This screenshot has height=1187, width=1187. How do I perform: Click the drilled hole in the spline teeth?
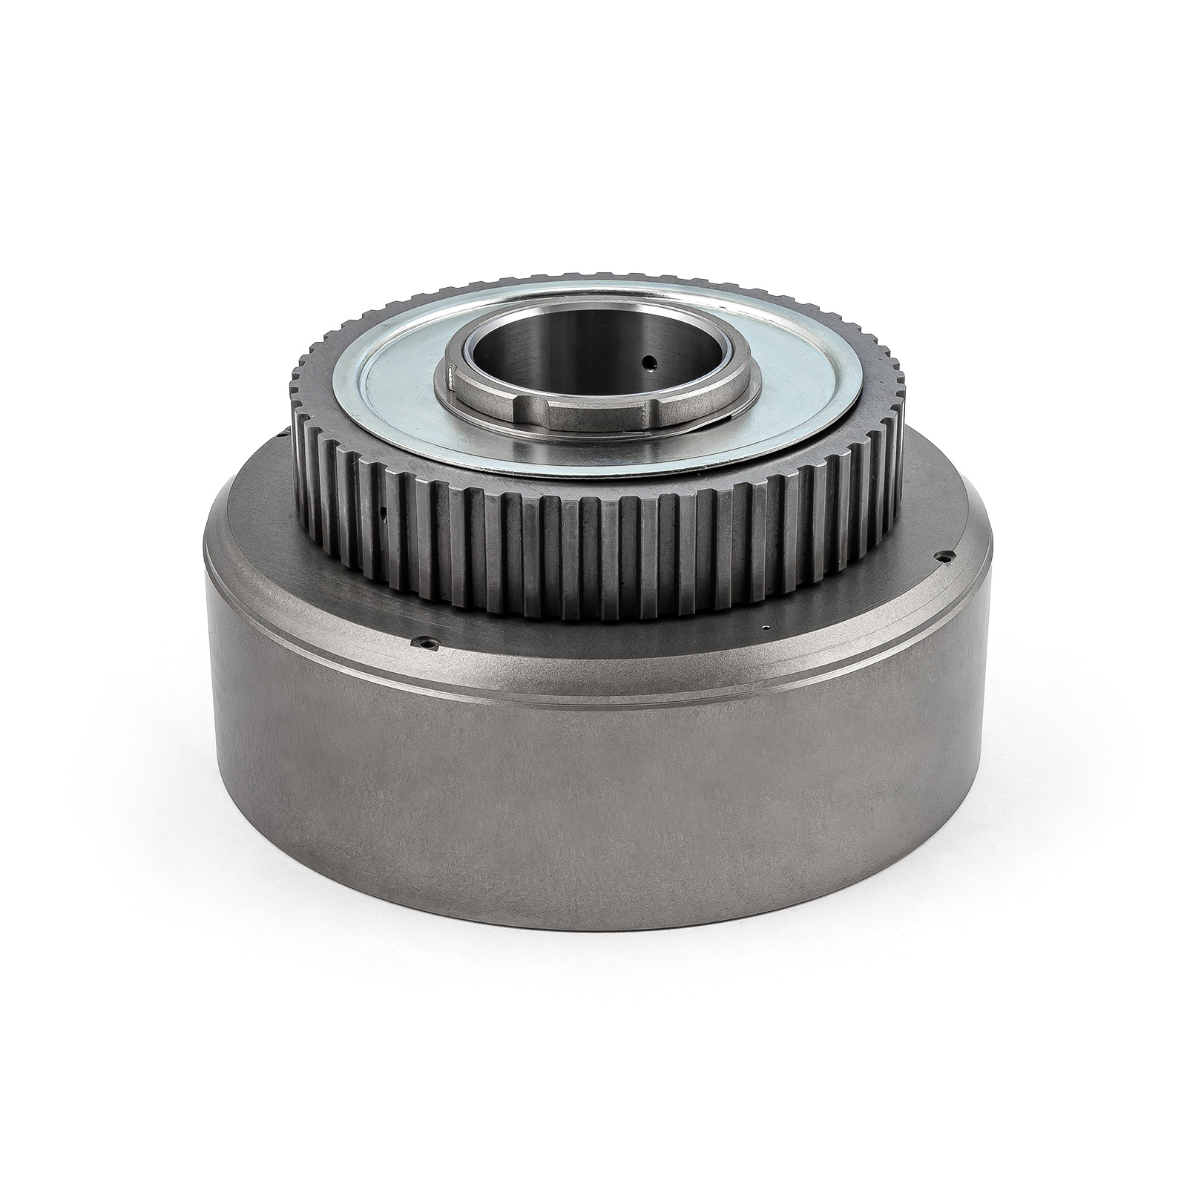[382, 511]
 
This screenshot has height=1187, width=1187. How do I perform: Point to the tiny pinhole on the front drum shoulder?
[764, 628]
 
